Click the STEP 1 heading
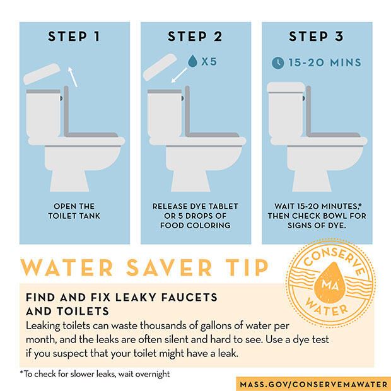click(x=74, y=37)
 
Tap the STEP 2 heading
click(x=195, y=37)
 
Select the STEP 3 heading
click(x=316, y=37)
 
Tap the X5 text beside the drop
click(x=209, y=62)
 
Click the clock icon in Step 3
click(x=278, y=62)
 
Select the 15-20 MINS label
click(x=325, y=62)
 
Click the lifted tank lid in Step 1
click(x=43, y=74)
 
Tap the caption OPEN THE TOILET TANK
click(x=74, y=211)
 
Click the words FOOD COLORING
click(x=195, y=225)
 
